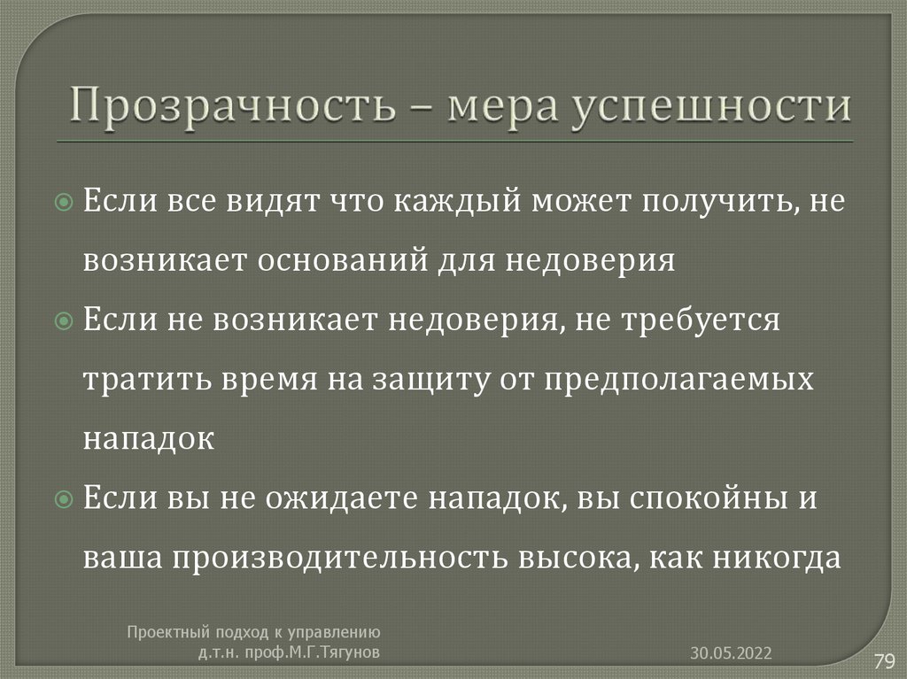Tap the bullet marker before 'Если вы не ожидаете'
(x=63, y=500)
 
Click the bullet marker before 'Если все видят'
(x=63, y=203)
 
